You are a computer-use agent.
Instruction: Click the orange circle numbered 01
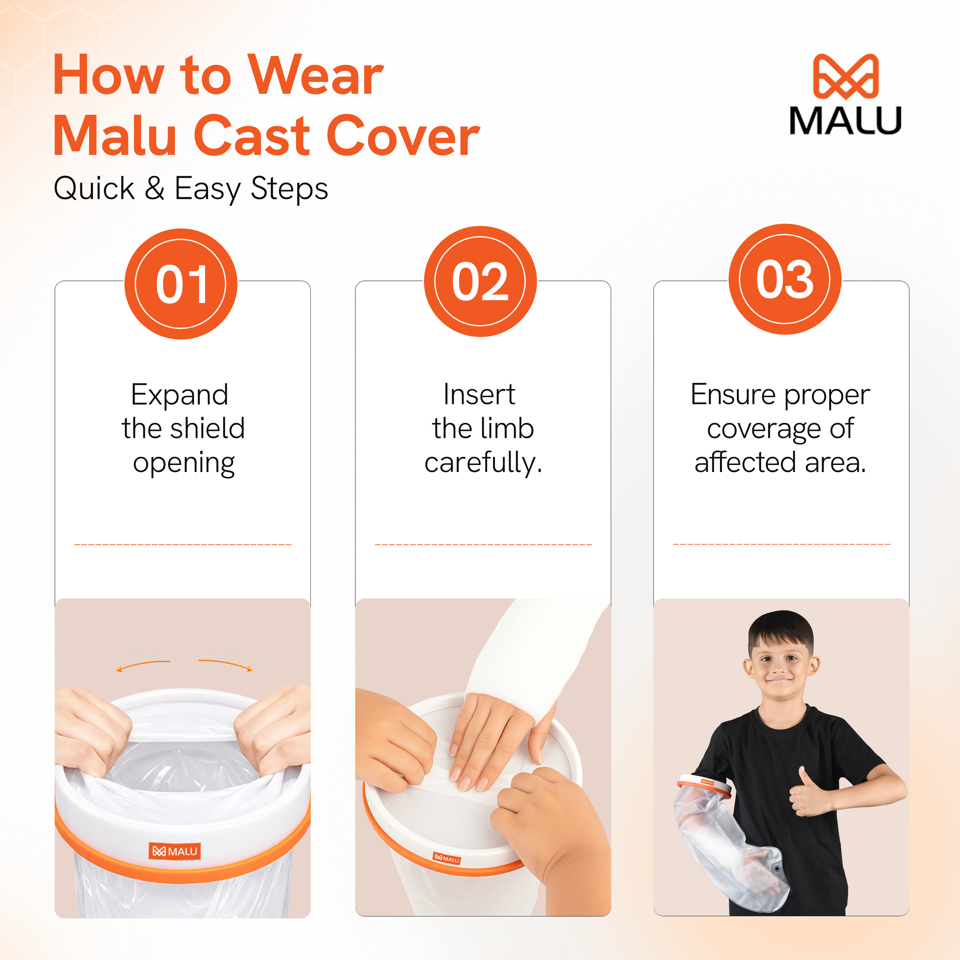click(x=181, y=284)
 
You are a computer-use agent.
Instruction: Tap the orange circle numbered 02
click(x=480, y=281)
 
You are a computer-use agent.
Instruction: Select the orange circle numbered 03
click(x=785, y=279)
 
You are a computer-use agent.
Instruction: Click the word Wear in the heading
click(x=315, y=75)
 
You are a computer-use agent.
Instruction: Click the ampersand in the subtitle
click(x=155, y=188)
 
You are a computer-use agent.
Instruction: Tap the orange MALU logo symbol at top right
click(x=846, y=76)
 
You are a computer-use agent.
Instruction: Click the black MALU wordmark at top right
click(x=845, y=120)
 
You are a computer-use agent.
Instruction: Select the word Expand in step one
click(x=180, y=396)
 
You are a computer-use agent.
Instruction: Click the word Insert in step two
click(x=479, y=395)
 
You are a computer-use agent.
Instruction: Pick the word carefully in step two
click(x=482, y=463)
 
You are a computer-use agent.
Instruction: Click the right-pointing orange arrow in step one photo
click(x=225, y=664)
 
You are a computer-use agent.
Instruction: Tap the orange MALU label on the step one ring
click(x=174, y=851)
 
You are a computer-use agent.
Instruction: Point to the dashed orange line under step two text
click(x=483, y=545)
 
